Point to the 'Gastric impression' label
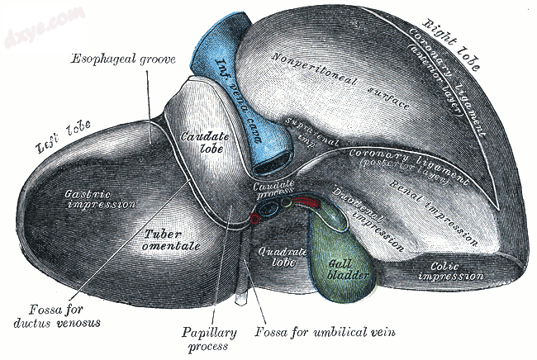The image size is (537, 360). (100, 199)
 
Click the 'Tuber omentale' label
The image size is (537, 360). (164, 240)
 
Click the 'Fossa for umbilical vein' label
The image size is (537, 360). (326, 331)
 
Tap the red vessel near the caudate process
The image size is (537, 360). (257, 218)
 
